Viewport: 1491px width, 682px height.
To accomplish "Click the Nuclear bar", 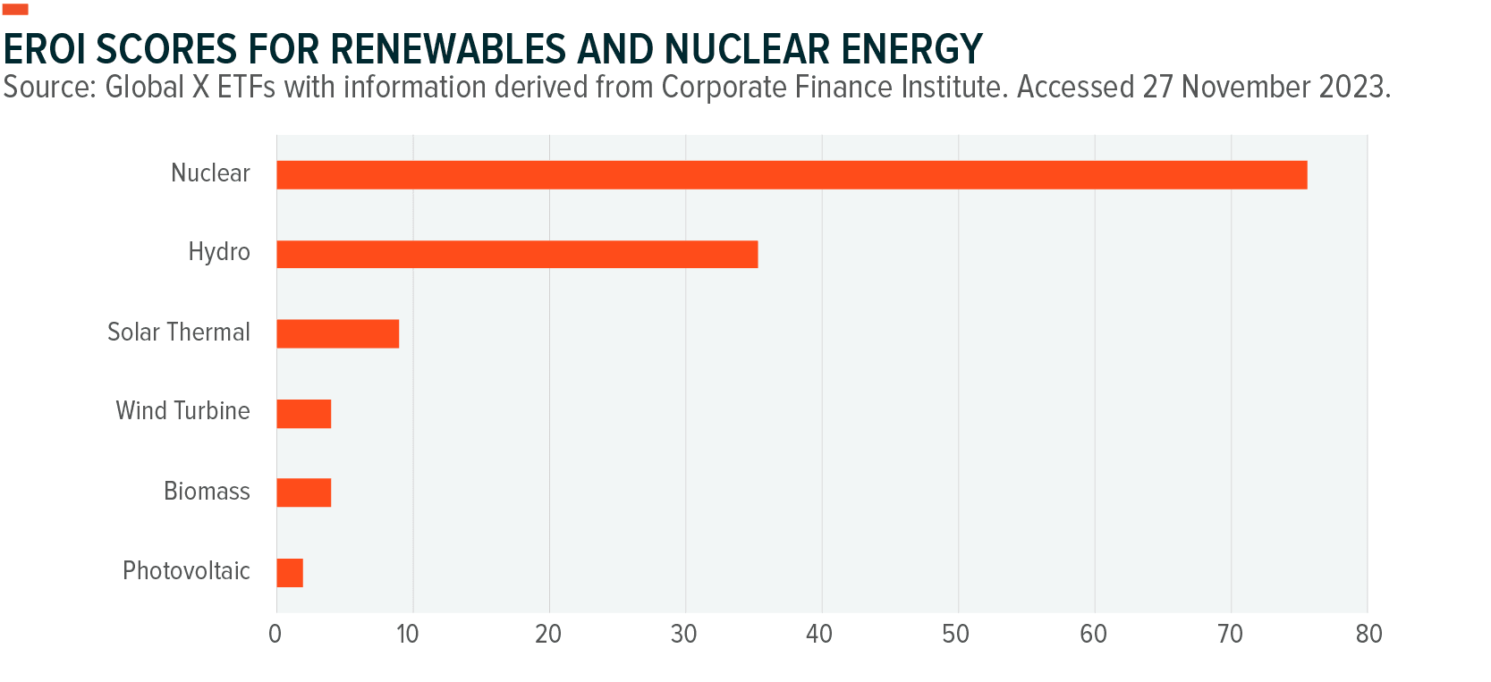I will click(x=792, y=175).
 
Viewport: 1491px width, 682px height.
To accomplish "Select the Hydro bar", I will click(x=517, y=255).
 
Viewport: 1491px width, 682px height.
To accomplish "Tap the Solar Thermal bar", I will click(x=337, y=333).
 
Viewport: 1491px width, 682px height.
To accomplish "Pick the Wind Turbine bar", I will click(x=304, y=414).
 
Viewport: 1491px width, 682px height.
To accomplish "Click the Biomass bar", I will click(x=304, y=493).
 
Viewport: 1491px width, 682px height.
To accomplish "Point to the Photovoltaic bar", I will click(x=290, y=572).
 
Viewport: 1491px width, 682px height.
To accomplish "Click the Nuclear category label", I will click(x=210, y=173).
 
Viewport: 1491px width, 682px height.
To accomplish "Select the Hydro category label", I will click(x=219, y=252).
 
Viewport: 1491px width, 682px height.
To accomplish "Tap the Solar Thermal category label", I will click(x=179, y=333).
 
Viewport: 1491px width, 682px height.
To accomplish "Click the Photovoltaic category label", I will click(x=186, y=571).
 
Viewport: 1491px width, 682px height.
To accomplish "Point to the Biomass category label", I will click(x=207, y=492).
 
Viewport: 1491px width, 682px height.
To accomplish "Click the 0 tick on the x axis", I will click(x=275, y=635).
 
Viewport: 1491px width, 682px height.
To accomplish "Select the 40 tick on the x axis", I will click(x=819, y=635).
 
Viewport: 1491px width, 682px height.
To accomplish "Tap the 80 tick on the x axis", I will click(x=1368, y=635).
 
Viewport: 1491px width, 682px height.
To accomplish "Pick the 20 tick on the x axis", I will click(x=548, y=635).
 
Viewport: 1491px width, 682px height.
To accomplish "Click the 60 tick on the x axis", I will click(x=1093, y=635).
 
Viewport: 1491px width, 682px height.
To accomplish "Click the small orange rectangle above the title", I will click(x=15, y=9).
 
